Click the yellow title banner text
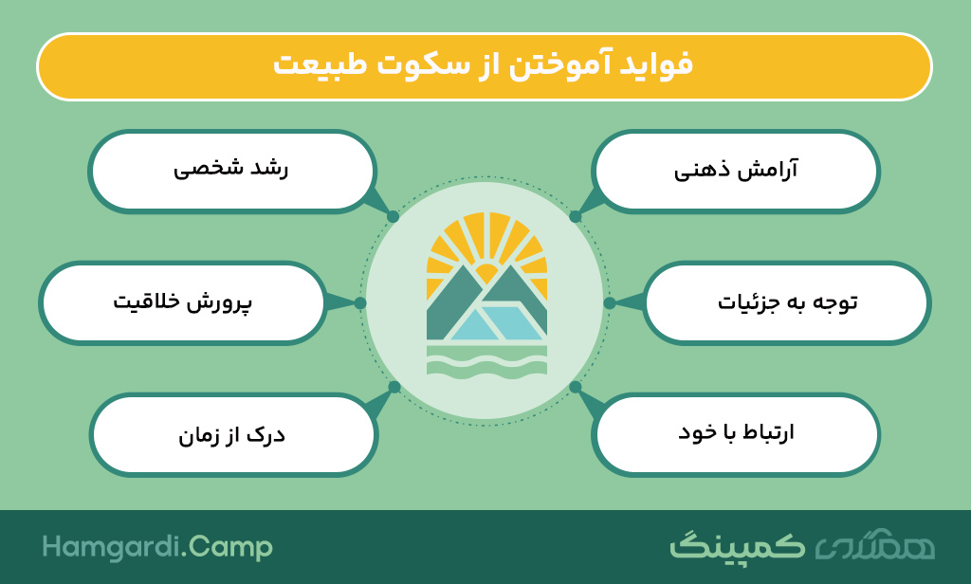pyautogui.click(x=483, y=65)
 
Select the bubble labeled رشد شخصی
pyautogui.click(x=232, y=171)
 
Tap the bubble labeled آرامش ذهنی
pyautogui.click(x=736, y=171)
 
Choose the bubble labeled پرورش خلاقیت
pyautogui.click(x=183, y=302)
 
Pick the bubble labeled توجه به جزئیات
pyautogui.click(x=786, y=302)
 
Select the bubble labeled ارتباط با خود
pyautogui.click(x=736, y=435)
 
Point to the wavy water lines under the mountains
pyautogui.click(x=486, y=361)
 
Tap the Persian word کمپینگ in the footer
pyautogui.click(x=737, y=546)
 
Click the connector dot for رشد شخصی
pyautogui.click(x=393, y=217)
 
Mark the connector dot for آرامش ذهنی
pyautogui.click(x=576, y=217)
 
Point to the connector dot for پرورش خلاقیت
pyautogui.click(x=360, y=302)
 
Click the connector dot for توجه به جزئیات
pyautogui.click(x=610, y=302)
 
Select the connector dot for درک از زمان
pyautogui.click(x=394, y=387)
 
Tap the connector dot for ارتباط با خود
pyautogui.click(x=576, y=387)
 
